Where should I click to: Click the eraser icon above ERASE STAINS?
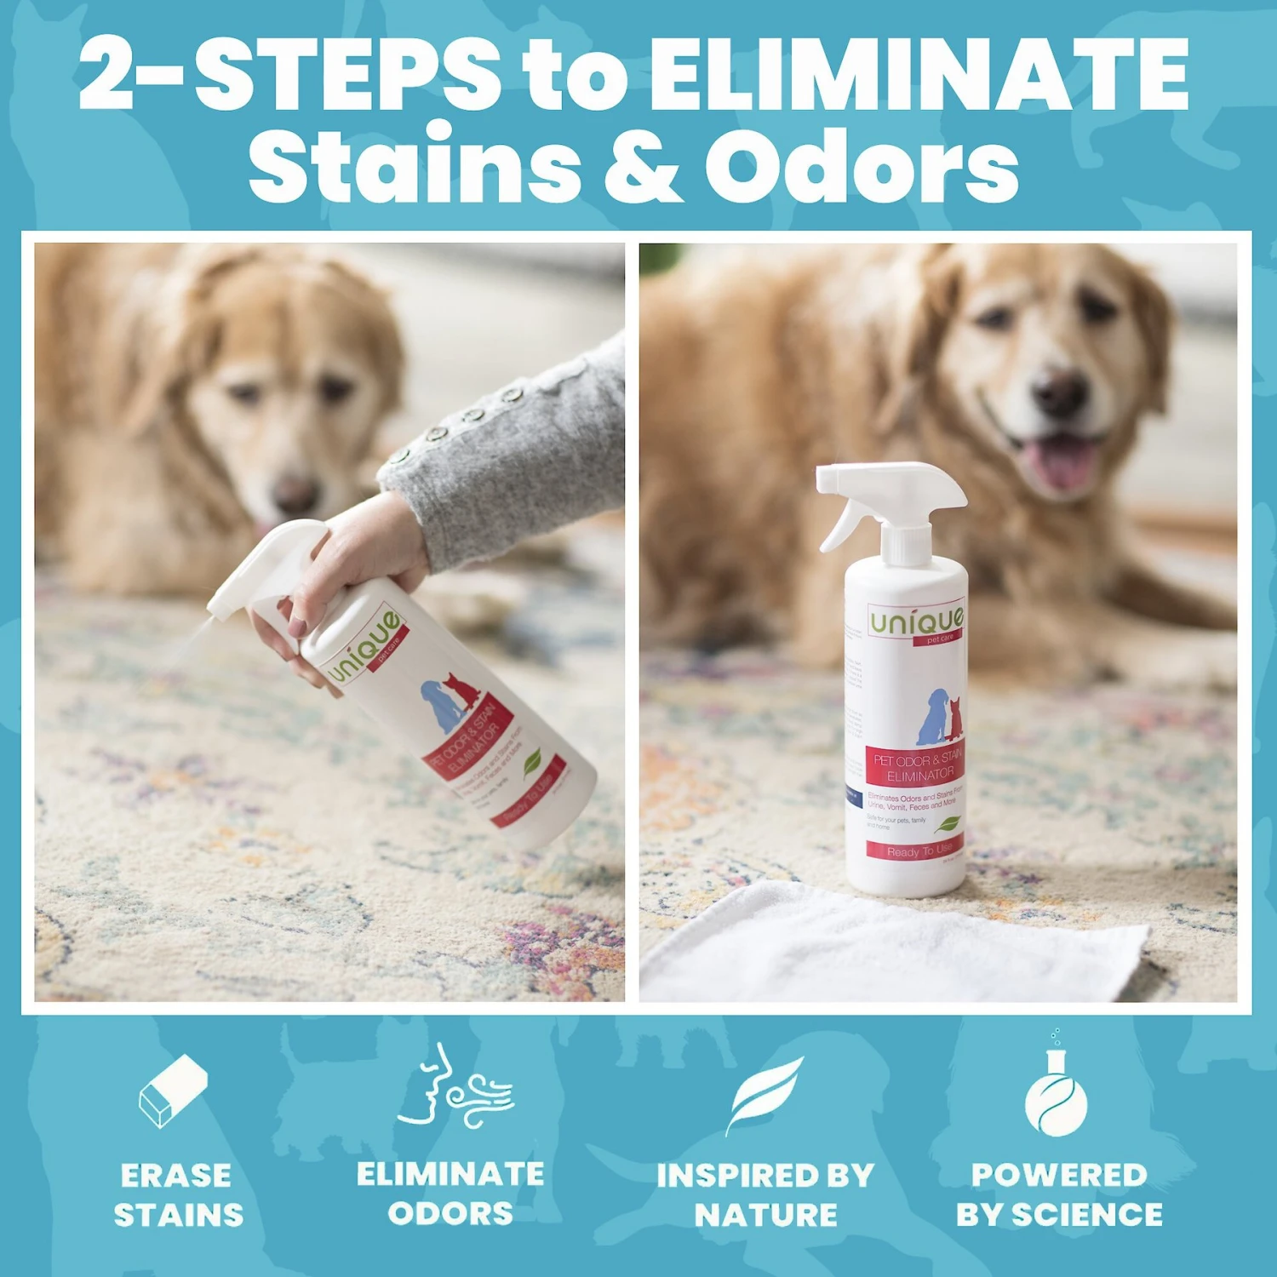[x=174, y=1091]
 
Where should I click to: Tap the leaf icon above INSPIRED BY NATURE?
[x=764, y=1093]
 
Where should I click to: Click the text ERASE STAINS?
[x=178, y=1194]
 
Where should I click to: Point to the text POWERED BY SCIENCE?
[x=1058, y=1194]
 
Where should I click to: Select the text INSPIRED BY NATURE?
[x=764, y=1194]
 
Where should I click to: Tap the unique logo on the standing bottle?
[x=916, y=622]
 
